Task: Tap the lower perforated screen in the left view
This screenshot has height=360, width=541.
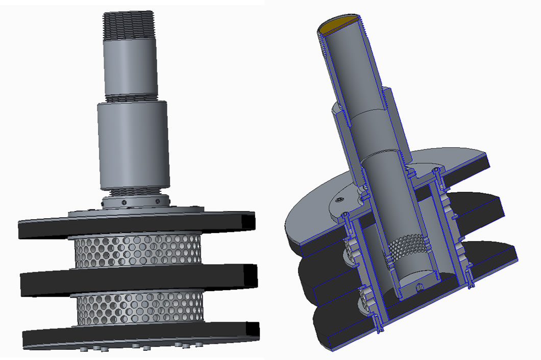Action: coord(138,308)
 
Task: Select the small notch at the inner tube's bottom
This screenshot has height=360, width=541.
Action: coord(420,287)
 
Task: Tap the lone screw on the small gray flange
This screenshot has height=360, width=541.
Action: coord(340,199)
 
